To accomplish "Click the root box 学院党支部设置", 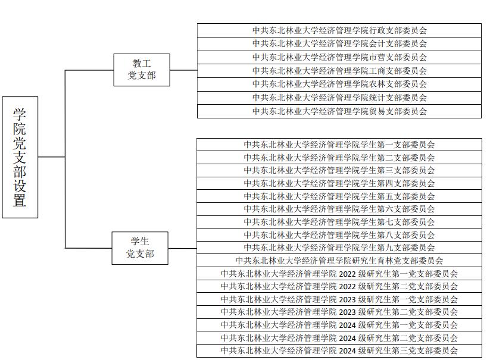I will (x=20, y=157).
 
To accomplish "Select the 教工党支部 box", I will (x=142, y=70).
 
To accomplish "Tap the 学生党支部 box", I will (x=140, y=248).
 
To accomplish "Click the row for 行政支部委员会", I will (x=339, y=30).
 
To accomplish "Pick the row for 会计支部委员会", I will (x=339, y=43).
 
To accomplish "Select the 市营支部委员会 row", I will (x=339, y=57).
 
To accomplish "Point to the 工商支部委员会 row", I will (x=339, y=71).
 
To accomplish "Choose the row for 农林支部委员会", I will (x=339, y=84).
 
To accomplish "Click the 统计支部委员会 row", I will (x=339, y=98).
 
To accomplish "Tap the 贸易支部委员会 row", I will (x=339, y=111).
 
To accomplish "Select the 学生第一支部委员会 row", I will (x=339, y=145).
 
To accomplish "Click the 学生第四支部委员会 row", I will (x=339, y=183).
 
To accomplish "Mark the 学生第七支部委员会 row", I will (x=339, y=222).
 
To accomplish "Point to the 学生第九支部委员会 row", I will (x=339, y=248).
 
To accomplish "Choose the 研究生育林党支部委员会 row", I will (x=339, y=261).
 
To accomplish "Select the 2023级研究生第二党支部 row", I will (x=339, y=312).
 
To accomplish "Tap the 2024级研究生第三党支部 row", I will (x=339, y=350).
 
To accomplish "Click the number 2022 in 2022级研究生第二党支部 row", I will (x=347, y=287).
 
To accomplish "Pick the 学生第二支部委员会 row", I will (x=339, y=158).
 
